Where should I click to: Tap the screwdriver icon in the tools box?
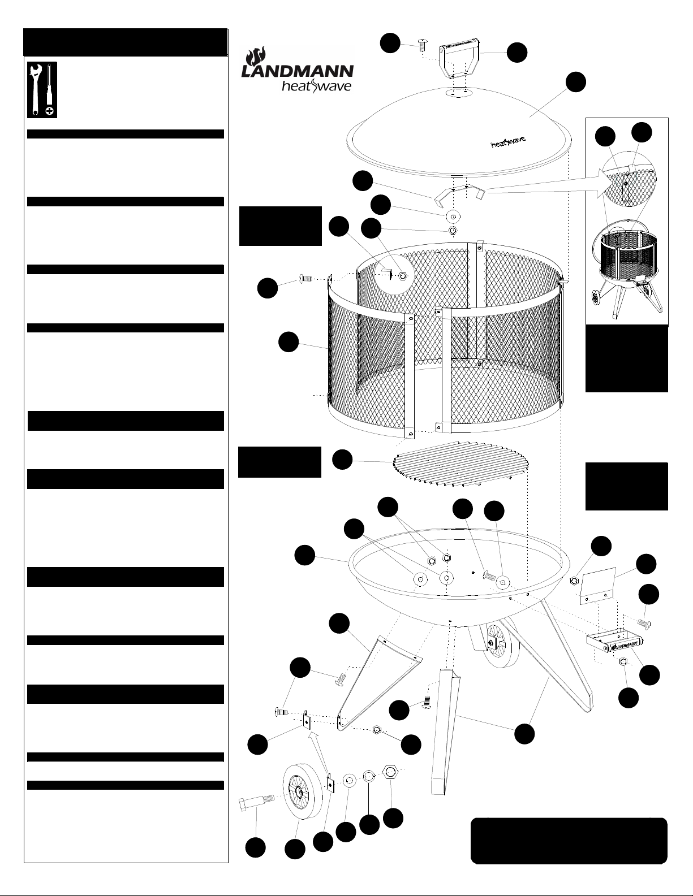point(50,90)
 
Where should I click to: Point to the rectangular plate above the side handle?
point(596,585)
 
